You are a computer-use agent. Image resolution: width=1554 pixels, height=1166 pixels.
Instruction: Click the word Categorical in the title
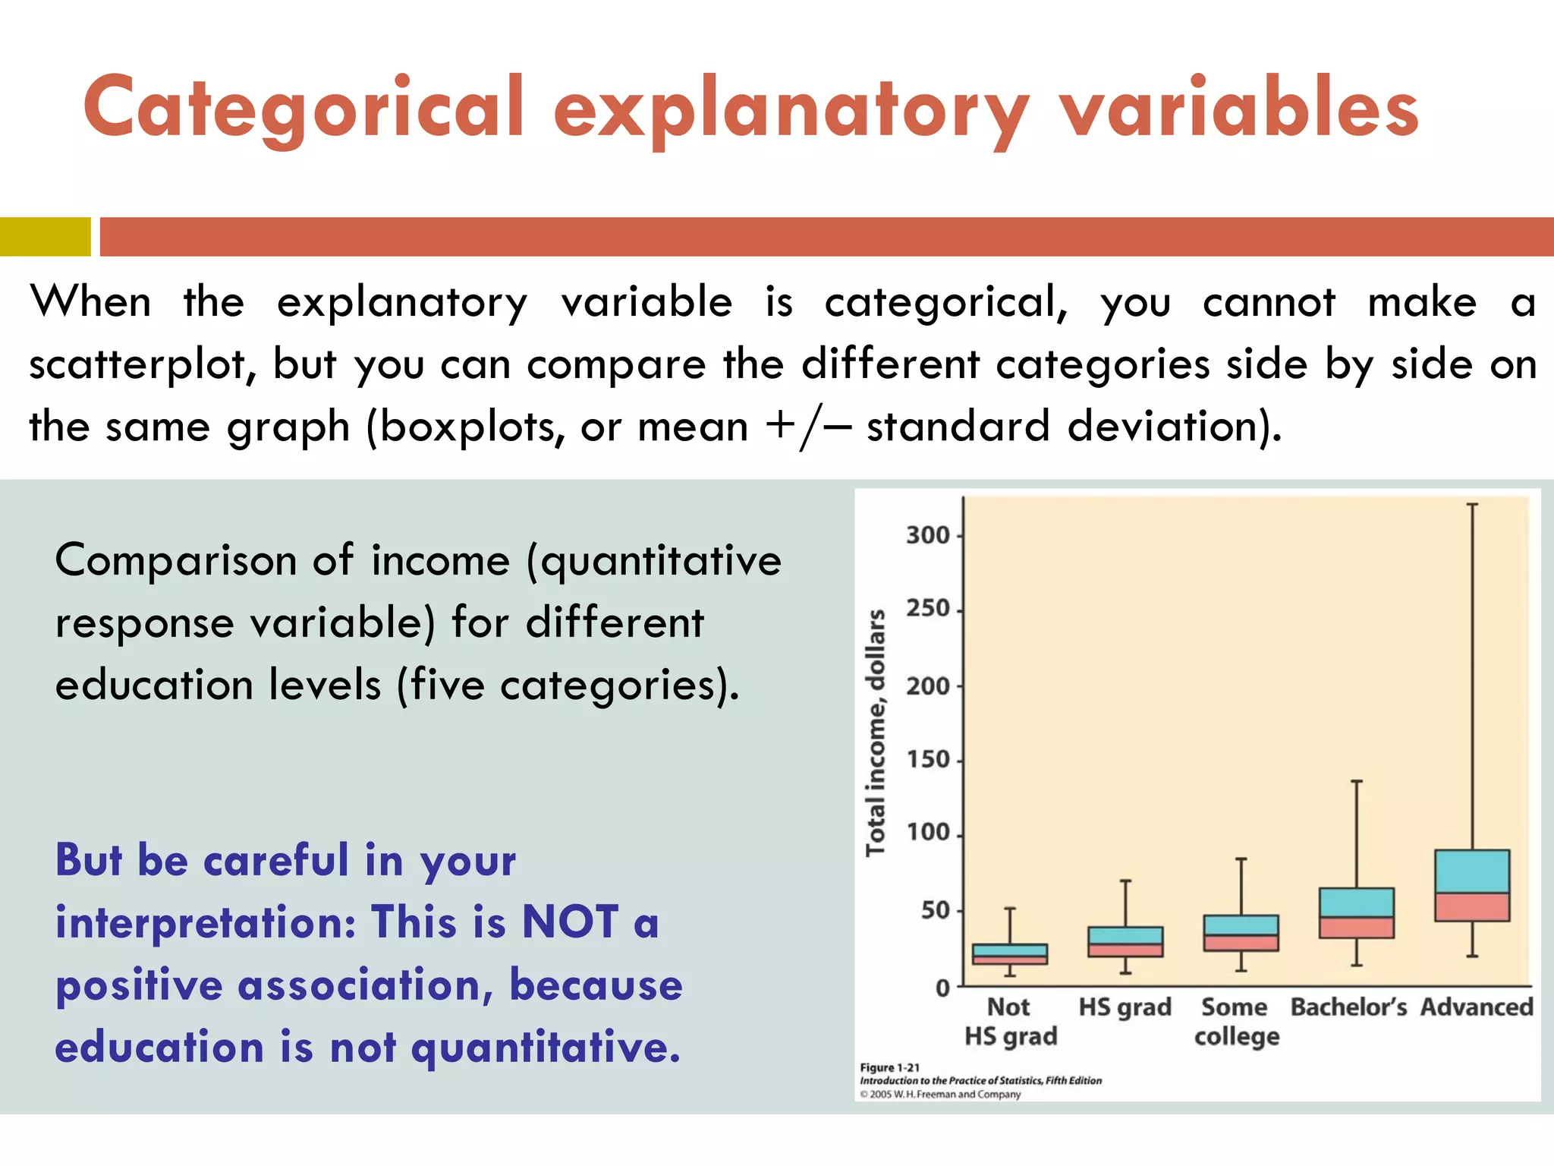(x=304, y=108)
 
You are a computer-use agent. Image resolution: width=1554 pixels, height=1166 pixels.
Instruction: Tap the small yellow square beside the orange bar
(x=45, y=237)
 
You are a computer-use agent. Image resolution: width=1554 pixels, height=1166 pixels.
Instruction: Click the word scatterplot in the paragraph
(x=137, y=365)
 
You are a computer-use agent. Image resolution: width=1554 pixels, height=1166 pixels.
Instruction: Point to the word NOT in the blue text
(x=570, y=923)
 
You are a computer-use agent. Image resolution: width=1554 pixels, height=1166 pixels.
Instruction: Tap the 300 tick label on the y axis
(x=927, y=536)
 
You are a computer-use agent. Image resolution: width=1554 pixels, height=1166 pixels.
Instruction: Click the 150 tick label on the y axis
(x=927, y=760)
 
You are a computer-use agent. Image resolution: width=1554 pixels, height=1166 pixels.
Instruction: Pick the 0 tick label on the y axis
(x=942, y=988)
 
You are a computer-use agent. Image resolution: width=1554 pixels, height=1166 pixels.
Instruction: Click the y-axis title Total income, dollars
(x=876, y=733)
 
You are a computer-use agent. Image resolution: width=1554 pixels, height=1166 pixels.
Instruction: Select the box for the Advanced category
(x=1472, y=886)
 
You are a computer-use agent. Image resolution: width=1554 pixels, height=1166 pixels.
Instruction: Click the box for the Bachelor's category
(x=1357, y=913)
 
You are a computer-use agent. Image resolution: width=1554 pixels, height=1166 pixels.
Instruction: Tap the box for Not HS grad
(x=1010, y=954)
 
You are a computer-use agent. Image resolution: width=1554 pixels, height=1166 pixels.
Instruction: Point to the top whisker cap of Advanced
(x=1472, y=504)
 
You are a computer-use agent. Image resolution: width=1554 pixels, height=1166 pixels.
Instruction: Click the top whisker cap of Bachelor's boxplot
(x=1357, y=781)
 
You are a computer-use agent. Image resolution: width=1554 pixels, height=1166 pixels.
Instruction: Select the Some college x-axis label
(x=1236, y=1022)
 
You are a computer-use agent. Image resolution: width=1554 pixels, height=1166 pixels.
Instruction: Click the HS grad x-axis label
(x=1125, y=1007)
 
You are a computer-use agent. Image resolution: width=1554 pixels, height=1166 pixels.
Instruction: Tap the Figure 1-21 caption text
(x=889, y=1067)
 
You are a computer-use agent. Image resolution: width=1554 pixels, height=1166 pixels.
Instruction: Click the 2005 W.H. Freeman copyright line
(x=941, y=1095)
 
